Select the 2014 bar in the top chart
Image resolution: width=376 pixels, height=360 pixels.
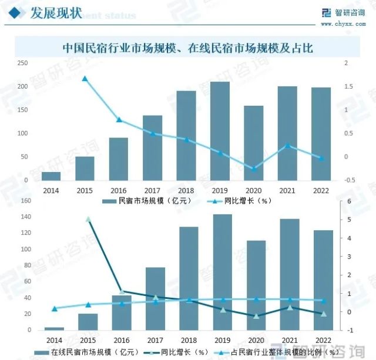click(x=51, y=176)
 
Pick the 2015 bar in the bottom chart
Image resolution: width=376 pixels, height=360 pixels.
click(x=88, y=321)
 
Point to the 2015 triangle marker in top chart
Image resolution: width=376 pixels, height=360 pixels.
click(x=85, y=79)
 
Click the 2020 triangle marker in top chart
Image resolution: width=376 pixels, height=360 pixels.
click(x=254, y=169)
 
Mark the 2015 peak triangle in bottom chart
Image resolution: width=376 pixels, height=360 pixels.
click(x=88, y=219)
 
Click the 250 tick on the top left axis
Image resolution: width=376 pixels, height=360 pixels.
click(x=22, y=63)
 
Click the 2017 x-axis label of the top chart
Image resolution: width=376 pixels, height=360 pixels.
click(x=152, y=191)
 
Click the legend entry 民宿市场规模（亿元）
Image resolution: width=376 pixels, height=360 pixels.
click(x=146, y=201)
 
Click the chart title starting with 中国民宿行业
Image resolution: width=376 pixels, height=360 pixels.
click(x=187, y=48)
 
